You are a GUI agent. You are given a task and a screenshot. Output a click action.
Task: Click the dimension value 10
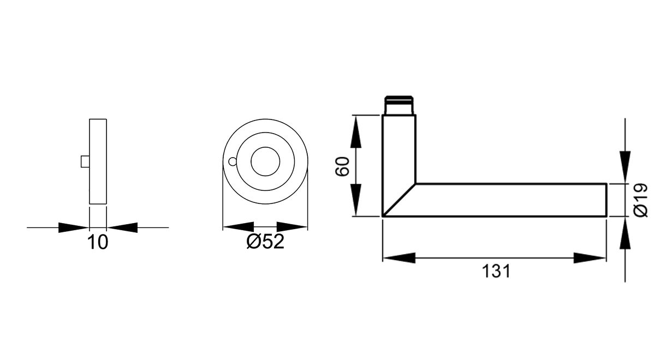98,242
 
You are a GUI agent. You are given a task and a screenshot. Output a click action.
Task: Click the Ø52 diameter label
265,242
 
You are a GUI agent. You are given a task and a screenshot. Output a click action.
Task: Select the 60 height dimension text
342,166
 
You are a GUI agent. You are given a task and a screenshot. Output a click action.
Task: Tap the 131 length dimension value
495,271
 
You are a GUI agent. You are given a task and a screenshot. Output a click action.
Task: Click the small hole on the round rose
233,161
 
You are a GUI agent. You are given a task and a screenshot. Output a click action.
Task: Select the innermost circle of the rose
265,161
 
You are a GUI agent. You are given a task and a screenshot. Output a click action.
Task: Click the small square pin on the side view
85,161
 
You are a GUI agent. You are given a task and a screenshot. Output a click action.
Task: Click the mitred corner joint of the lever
399,200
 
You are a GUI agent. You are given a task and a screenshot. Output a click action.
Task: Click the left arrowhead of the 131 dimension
398,258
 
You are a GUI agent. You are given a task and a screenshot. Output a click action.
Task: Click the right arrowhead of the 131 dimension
590,258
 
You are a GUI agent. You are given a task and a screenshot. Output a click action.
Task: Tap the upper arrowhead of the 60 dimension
355,131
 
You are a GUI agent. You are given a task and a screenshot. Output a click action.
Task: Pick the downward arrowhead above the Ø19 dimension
625,166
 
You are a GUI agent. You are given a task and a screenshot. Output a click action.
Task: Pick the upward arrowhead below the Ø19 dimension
625,234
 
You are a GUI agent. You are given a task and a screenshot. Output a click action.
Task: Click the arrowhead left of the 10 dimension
73,227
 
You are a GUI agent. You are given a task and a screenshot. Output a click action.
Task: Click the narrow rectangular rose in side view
98,161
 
